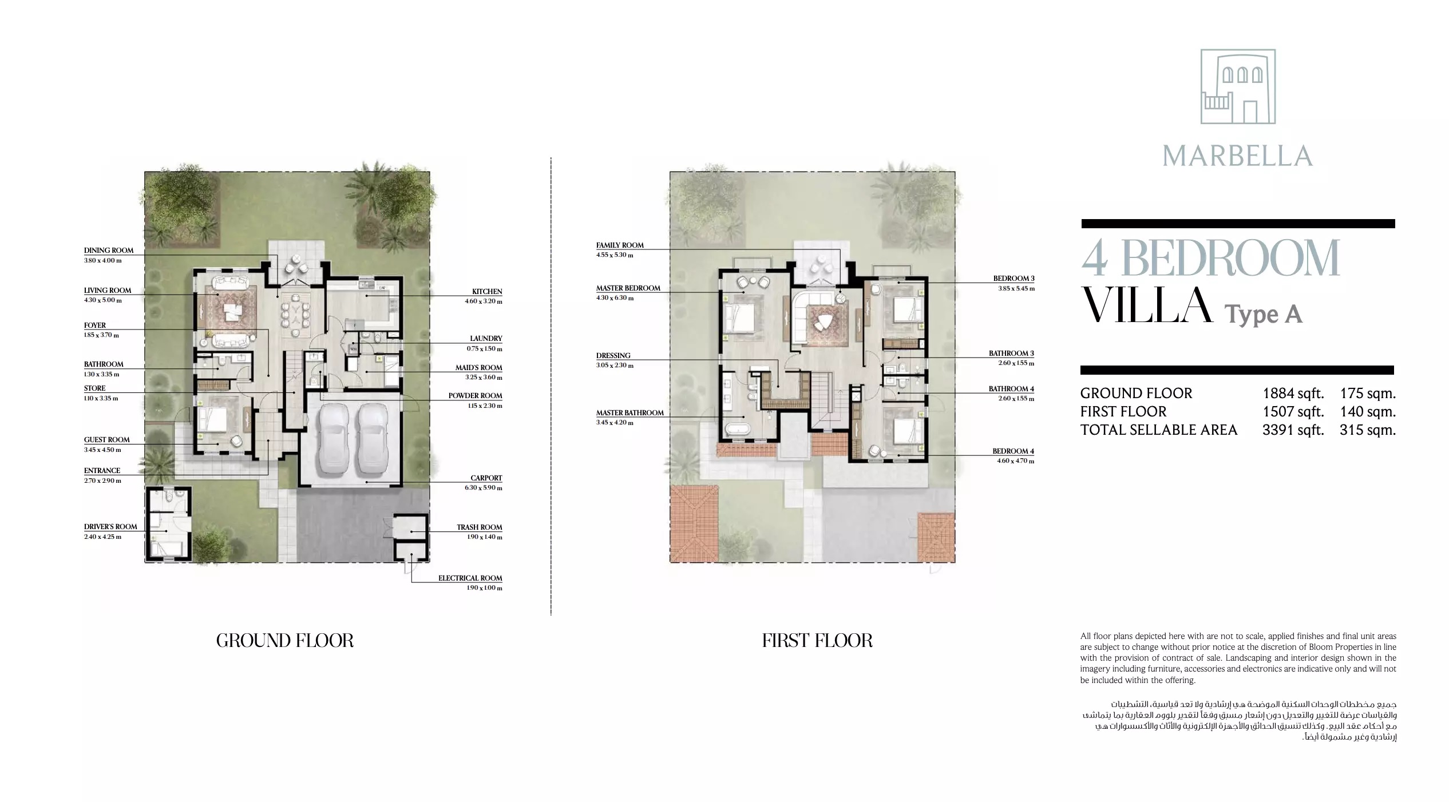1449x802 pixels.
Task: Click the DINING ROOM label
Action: (x=108, y=251)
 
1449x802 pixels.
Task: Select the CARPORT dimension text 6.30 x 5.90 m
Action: (x=484, y=488)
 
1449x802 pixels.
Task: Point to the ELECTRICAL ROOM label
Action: (x=470, y=578)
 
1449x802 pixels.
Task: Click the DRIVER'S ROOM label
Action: (x=110, y=527)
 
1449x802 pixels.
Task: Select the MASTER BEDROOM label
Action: (x=628, y=288)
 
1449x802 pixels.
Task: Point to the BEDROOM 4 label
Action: (x=1013, y=451)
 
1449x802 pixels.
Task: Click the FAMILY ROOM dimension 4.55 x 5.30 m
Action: (x=615, y=255)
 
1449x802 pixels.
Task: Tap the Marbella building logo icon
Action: (x=1237, y=86)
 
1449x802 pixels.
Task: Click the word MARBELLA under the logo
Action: (x=1237, y=156)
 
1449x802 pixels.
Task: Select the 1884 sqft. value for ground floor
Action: (x=1293, y=394)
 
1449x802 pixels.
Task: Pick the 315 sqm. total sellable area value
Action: (x=1367, y=430)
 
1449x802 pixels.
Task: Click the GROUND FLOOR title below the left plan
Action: (x=284, y=640)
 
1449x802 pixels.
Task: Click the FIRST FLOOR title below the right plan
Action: (x=817, y=640)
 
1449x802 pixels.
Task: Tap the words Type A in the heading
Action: (x=1262, y=315)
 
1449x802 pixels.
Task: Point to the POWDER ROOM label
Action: (x=475, y=396)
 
